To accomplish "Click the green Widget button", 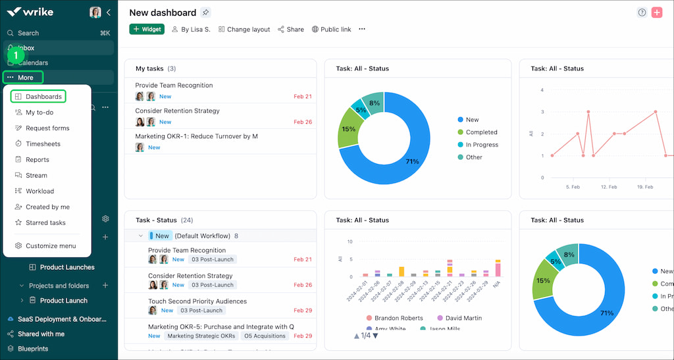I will (x=147, y=29).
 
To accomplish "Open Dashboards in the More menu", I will (x=43, y=97).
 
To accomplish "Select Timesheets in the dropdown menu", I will (x=43, y=144).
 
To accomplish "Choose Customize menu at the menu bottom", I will (x=50, y=246).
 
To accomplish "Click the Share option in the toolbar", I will (x=291, y=30).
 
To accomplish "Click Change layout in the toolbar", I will (x=244, y=30).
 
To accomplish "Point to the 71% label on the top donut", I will (x=412, y=162).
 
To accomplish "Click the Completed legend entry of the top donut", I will (x=481, y=132).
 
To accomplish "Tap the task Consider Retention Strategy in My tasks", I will (x=177, y=111).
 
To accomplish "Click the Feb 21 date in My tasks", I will (x=303, y=97).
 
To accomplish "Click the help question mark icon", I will (x=642, y=13).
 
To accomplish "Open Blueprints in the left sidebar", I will (x=33, y=349).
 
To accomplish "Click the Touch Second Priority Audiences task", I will (x=197, y=301).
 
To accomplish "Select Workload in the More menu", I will (x=39, y=192).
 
